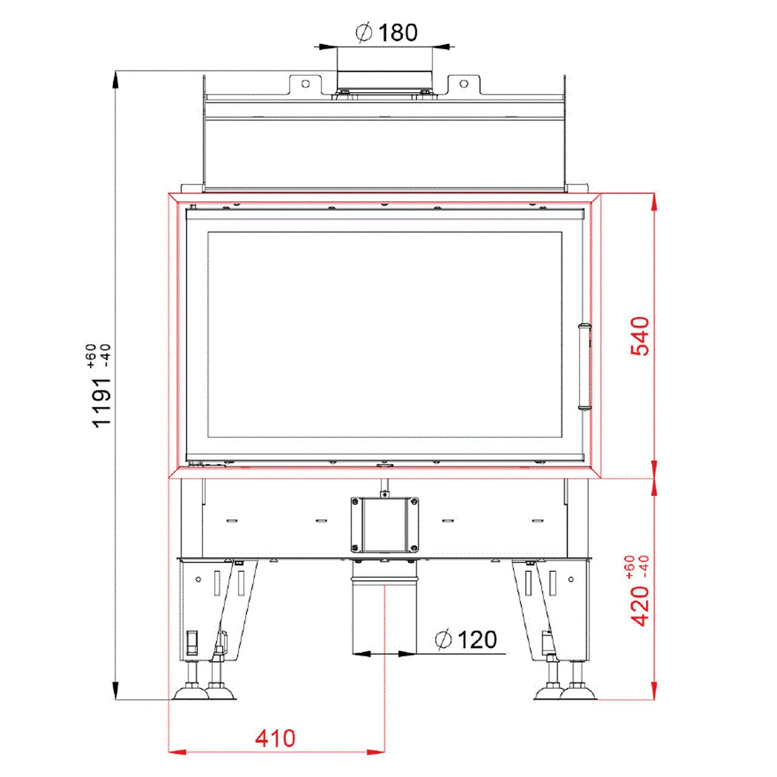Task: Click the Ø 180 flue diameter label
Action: [386, 33]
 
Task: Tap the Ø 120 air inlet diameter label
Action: [467, 639]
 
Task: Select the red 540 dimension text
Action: [640, 336]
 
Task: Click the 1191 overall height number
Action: [101, 402]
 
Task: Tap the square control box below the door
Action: [384, 525]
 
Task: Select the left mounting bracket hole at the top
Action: [305, 84]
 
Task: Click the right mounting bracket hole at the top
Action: [464, 84]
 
